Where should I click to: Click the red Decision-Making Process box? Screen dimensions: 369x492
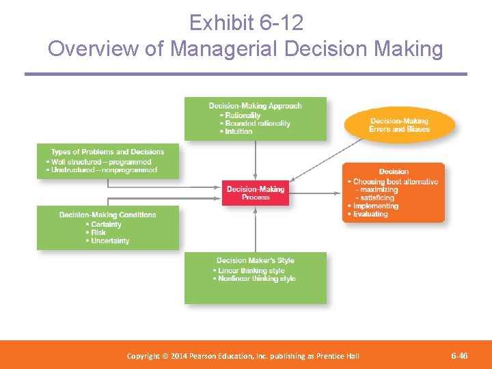(x=256, y=193)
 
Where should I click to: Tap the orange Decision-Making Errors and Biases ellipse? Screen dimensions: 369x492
(x=400, y=125)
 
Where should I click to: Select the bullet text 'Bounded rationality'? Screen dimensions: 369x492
(x=258, y=124)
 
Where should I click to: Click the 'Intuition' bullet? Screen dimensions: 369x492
(x=239, y=131)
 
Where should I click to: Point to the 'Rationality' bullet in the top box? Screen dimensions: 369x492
(x=243, y=115)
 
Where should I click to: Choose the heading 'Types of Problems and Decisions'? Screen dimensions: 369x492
(x=108, y=152)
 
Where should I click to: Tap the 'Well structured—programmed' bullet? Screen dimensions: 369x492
(x=102, y=162)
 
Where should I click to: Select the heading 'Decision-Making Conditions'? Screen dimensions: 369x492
(x=108, y=215)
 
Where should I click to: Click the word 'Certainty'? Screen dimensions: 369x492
(x=106, y=224)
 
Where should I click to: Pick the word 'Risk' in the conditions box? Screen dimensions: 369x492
(x=98, y=232)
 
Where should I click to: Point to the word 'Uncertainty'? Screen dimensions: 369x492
(x=110, y=241)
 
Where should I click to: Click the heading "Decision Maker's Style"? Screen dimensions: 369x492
(x=256, y=260)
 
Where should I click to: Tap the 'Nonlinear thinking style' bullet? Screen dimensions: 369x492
(x=257, y=278)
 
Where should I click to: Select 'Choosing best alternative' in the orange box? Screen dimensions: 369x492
(x=396, y=182)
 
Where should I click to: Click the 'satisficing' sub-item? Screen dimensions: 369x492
(x=377, y=197)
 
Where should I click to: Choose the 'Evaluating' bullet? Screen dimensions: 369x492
(x=370, y=214)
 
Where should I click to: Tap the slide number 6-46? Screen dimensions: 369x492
(x=459, y=356)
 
